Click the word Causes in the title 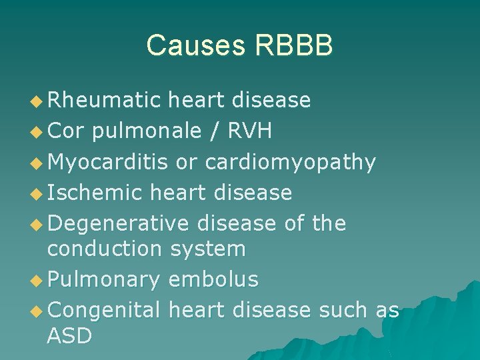pyautogui.click(x=196, y=45)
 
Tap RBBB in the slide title pyautogui.click(x=293, y=45)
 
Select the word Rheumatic pyautogui.click(x=105, y=100)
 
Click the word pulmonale pyautogui.click(x=147, y=131)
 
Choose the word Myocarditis pyautogui.click(x=109, y=162)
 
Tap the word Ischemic pyautogui.click(x=95, y=193)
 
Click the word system pyautogui.click(x=208, y=249)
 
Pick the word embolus pyautogui.click(x=213, y=279)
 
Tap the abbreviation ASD pyautogui.click(x=69, y=336)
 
